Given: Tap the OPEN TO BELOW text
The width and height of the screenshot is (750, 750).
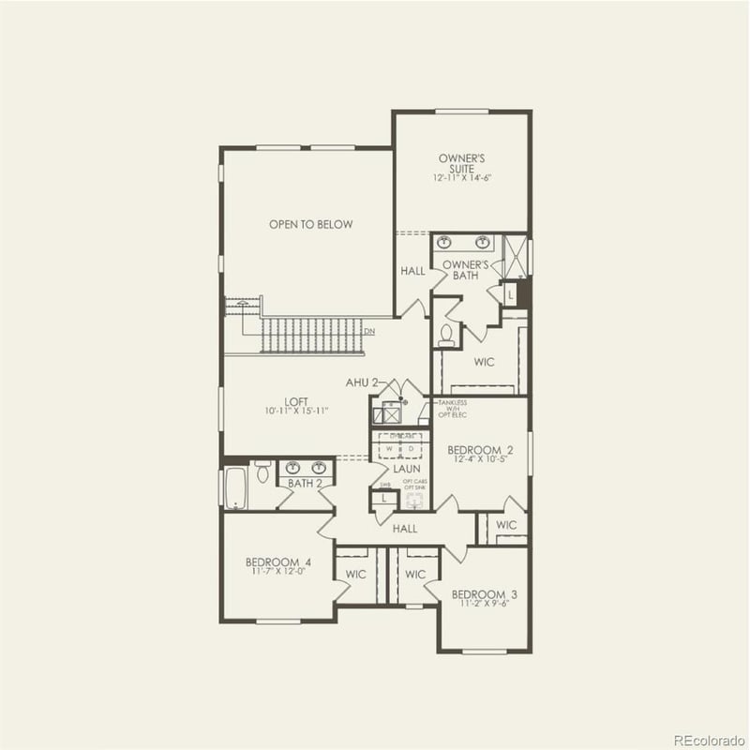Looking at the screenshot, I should (310, 224).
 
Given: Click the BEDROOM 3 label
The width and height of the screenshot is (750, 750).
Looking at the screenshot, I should (484, 594).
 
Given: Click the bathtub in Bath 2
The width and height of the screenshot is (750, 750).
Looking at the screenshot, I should (234, 486).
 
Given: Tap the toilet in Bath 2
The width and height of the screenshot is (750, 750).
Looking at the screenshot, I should (262, 473).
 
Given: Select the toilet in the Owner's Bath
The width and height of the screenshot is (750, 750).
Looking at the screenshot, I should (447, 333).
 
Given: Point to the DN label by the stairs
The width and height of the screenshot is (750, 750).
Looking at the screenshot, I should (369, 330).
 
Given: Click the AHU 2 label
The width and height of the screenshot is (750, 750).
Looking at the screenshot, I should (361, 382).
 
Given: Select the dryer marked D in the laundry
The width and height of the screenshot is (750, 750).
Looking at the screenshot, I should (410, 449).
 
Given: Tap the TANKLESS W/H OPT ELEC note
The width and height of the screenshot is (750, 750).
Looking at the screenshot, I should (452, 409).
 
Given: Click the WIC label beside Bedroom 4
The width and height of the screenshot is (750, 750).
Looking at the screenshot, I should (355, 574).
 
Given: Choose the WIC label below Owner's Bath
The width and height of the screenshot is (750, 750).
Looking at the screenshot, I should (484, 361).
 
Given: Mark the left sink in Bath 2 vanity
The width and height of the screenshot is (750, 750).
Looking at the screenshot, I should (292, 467).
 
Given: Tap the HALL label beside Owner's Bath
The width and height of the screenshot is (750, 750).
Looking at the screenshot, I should (412, 271).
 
